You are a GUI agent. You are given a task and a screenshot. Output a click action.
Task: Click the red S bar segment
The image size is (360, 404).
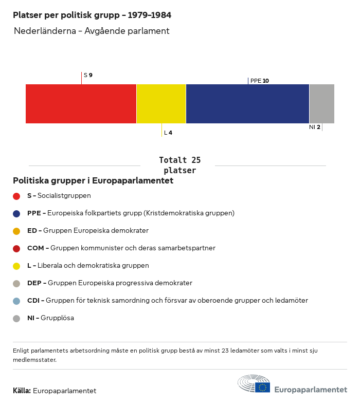[81, 104]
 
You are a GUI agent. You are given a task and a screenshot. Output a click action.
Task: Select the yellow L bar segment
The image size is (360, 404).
[161, 104]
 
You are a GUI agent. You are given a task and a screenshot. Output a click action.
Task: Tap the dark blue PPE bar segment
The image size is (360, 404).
[247, 104]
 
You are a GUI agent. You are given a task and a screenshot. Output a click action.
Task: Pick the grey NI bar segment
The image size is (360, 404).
[321, 104]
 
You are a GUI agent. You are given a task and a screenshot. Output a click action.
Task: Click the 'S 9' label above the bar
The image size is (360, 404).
[88, 75]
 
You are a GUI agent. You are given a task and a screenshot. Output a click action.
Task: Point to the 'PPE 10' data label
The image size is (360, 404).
[259, 81]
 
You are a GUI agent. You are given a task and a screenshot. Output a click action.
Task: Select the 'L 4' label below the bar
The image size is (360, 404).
[168, 133]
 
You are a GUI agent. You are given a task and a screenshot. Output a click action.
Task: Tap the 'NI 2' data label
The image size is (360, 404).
[315, 127]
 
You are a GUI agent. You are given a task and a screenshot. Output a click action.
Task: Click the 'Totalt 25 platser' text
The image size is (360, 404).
[179, 165]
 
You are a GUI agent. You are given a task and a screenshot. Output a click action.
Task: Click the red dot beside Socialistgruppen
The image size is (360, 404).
[16, 196]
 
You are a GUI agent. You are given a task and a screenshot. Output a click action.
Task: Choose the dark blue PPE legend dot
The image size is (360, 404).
[16, 213]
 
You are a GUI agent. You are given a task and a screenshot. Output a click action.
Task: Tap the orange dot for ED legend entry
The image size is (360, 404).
[16, 231]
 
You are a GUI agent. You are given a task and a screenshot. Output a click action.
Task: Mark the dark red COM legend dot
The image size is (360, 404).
[16, 248]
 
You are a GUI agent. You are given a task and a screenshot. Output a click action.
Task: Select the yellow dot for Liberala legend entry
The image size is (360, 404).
[16, 266]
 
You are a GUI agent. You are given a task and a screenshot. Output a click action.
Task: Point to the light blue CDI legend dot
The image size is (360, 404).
[16, 301]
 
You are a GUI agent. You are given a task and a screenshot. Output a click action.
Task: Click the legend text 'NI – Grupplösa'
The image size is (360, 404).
[50, 318]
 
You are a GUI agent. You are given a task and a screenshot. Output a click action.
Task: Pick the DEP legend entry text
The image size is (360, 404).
[110, 283]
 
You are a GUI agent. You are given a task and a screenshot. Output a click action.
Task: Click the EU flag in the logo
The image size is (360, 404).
[263, 387]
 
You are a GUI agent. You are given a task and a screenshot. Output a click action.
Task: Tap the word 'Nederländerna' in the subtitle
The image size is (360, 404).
[43, 31]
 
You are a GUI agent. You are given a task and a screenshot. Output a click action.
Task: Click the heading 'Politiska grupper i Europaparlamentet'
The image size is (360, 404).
[93, 181]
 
